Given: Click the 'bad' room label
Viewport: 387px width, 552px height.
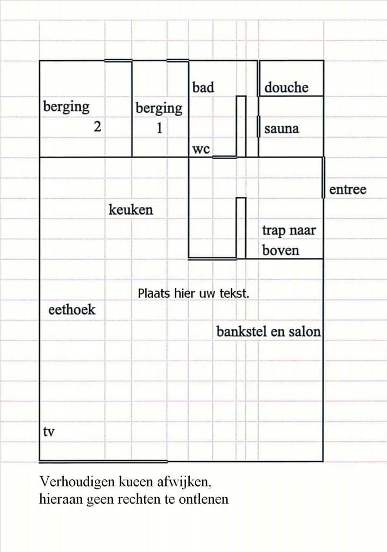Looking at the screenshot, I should click(x=203, y=87).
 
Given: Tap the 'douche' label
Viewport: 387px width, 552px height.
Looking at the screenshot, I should click(x=286, y=88).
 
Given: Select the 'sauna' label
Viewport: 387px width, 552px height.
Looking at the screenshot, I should click(x=282, y=129).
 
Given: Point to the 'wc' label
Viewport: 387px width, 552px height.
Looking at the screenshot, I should click(x=200, y=149).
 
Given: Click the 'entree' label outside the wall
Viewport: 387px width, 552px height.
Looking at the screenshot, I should click(x=347, y=189).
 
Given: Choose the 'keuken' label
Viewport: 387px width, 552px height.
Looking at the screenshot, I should click(x=131, y=209).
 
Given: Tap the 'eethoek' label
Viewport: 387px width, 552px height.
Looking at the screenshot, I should click(x=72, y=310).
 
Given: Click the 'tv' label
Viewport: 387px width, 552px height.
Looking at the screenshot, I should click(x=48, y=432).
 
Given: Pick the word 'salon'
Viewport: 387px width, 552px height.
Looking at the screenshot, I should click(x=305, y=332).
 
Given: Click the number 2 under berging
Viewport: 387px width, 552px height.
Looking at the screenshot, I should click(x=97, y=127).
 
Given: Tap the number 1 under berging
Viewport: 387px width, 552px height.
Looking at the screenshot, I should click(x=159, y=129).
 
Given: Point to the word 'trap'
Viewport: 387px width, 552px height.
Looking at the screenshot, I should click(x=274, y=231).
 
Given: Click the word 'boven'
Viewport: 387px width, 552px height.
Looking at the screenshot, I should click(x=281, y=250).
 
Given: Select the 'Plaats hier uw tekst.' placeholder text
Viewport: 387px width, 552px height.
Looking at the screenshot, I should click(x=193, y=293).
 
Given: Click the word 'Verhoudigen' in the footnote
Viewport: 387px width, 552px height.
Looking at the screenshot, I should click(x=74, y=480).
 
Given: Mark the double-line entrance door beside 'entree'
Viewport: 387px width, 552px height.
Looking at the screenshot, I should click(x=323, y=177).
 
